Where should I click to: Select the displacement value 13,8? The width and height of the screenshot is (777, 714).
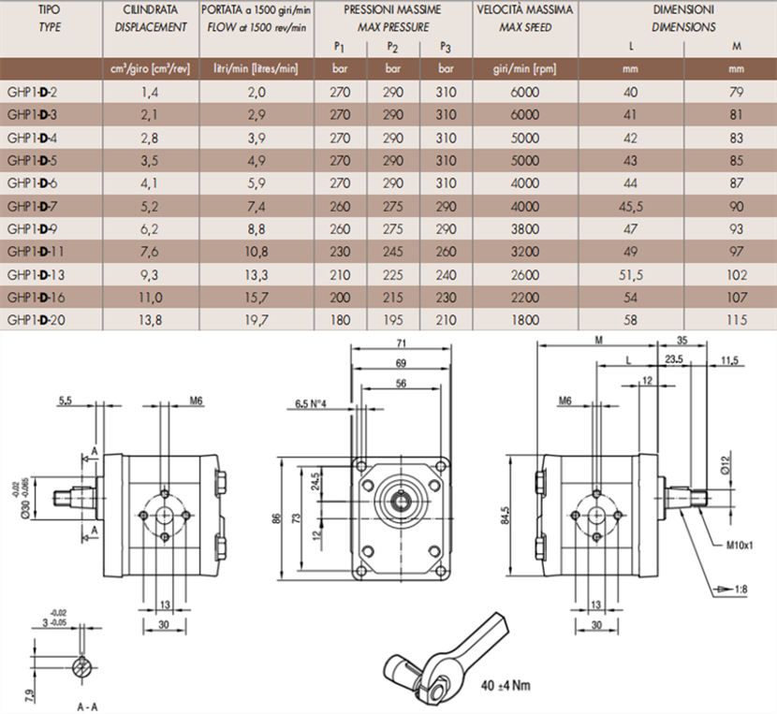point(149,320)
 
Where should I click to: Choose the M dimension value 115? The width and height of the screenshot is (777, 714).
point(736,320)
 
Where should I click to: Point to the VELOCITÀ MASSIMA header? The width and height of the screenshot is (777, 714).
point(525,9)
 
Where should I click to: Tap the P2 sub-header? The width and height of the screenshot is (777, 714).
point(393,47)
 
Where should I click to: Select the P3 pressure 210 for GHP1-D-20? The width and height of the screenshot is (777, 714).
point(447,320)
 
